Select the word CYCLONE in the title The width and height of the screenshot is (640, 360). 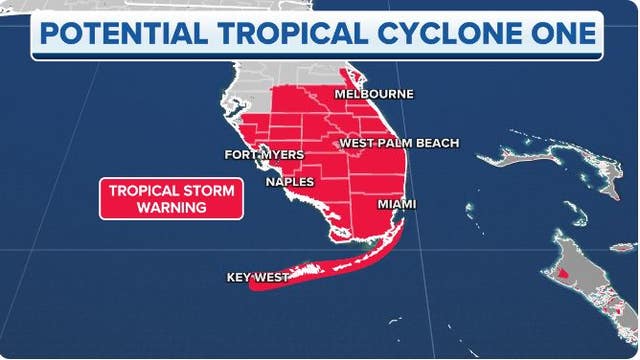click(446, 35)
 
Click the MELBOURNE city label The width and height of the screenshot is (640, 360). click(374, 94)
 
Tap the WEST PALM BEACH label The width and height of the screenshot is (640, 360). click(399, 143)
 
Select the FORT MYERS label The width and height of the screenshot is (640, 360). click(263, 155)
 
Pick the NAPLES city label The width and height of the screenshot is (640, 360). click(290, 182)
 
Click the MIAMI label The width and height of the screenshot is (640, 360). click(397, 204)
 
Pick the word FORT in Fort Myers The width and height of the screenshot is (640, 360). click(240, 155)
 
